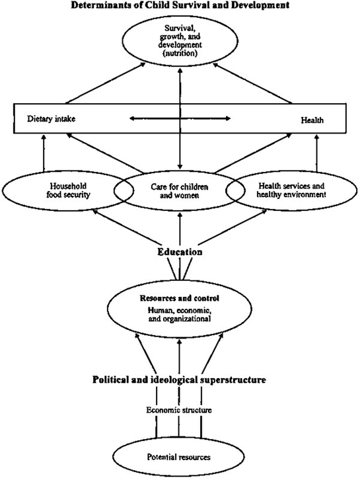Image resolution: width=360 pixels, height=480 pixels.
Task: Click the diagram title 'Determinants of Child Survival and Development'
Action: coord(180,5)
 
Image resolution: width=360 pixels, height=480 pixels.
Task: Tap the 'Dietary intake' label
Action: coord(51,119)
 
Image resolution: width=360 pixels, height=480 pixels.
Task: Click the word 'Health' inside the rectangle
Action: coord(312,120)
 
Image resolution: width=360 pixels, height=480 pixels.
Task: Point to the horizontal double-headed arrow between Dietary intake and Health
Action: coord(180,118)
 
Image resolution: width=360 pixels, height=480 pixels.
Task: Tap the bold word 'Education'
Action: coord(180,252)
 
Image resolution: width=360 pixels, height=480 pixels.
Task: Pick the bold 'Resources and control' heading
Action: coord(180,298)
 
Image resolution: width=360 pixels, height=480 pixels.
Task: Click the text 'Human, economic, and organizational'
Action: coord(180,315)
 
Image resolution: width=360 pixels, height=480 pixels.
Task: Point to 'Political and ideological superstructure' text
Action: coord(179,380)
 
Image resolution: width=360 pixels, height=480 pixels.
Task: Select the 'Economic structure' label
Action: coord(179,410)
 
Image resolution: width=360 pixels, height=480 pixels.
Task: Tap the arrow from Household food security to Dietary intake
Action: coord(44,153)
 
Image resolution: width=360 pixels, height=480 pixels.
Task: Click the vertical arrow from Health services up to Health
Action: coord(317,153)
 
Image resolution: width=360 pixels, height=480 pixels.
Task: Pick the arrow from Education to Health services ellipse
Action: coord(232,227)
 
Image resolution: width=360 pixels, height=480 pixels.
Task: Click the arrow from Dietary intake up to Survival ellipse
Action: coord(104,83)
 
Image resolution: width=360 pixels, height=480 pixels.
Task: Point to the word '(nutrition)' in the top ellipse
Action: coord(180,53)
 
